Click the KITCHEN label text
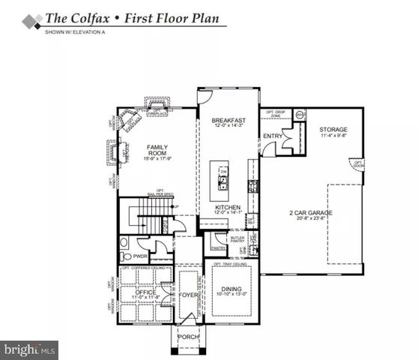pos(227,206)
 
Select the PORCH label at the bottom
pos(187,336)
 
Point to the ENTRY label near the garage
pos(272,136)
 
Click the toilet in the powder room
pos(125,244)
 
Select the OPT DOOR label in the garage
pos(358,163)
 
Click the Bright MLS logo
pos(30,349)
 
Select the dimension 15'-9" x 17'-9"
pos(157,159)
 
